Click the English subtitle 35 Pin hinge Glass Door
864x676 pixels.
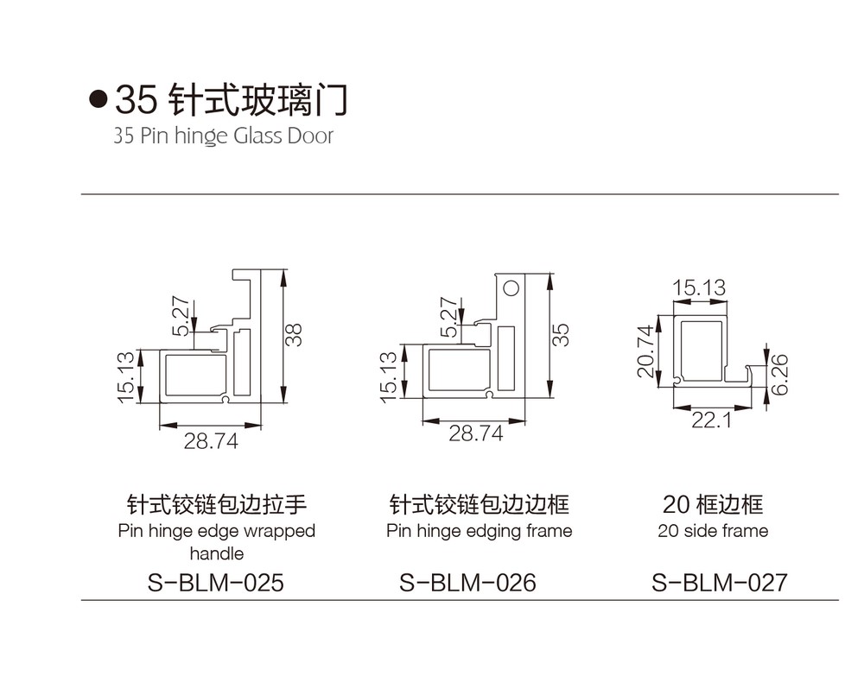(223, 136)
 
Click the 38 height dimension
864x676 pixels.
(295, 334)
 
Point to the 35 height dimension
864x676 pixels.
(562, 334)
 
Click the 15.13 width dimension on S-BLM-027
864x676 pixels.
(699, 287)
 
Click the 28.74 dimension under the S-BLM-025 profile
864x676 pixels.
(210, 441)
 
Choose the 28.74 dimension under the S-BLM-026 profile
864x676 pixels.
(475, 434)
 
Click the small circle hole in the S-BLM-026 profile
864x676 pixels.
(511, 287)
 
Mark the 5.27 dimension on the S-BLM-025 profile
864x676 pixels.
(182, 317)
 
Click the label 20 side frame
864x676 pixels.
(713, 531)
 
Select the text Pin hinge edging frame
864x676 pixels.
(480, 531)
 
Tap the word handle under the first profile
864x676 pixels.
(217, 553)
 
